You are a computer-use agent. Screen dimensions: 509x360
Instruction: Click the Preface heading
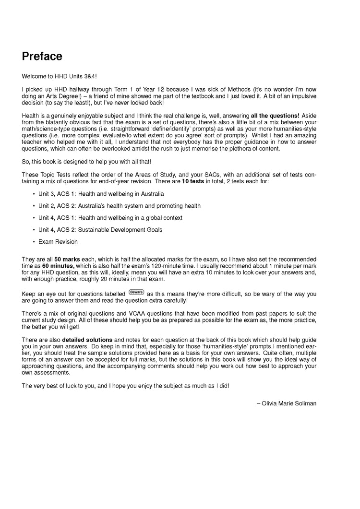(42, 56)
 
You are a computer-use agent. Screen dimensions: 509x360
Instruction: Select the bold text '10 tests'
(193, 182)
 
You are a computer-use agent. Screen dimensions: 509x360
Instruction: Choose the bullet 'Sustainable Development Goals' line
(100, 230)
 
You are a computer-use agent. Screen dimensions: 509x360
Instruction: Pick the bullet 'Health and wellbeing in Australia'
(101, 194)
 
